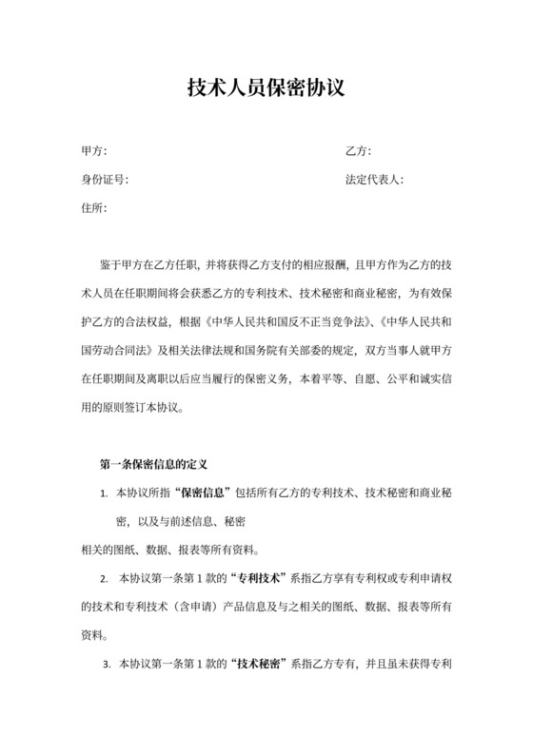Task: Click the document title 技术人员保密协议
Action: [x=266, y=89]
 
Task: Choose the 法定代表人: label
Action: [x=374, y=180]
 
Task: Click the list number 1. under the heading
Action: [x=104, y=494]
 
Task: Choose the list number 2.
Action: [x=104, y=578]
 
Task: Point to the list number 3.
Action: [x=107, y=663]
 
